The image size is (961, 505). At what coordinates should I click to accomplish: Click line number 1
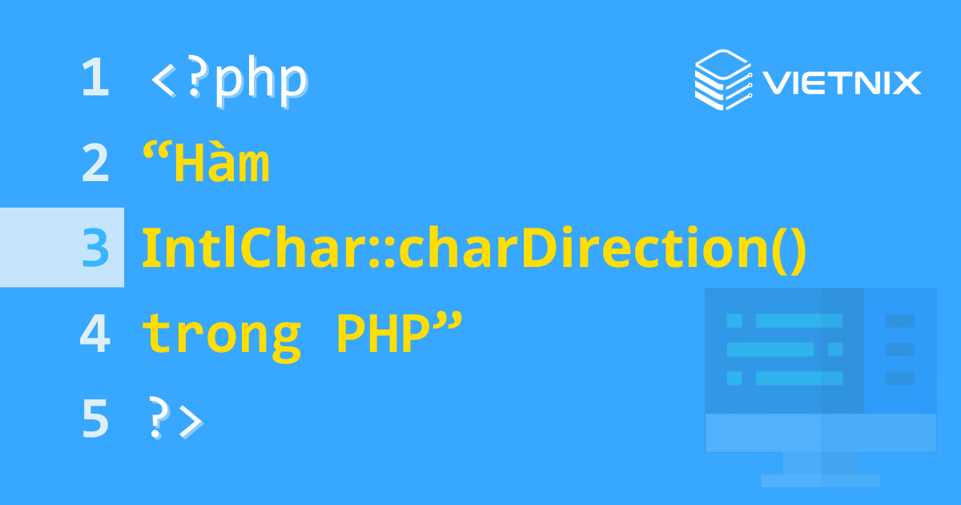coord(94,79)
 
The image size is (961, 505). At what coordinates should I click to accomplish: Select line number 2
coord(94,164)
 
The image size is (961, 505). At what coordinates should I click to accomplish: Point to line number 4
coord(94,334)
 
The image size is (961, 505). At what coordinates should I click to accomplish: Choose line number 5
coord(94,419)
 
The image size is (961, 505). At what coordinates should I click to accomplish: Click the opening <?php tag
coord(228,79)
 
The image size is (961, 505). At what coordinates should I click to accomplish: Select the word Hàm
coord(222,164)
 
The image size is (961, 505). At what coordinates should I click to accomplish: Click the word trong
coord(222,335)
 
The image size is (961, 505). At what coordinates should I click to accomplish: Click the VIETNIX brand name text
coord(841,83)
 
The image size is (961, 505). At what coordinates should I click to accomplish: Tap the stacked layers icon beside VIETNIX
coord(722,79)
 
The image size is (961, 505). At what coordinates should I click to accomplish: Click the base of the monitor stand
coord(820,480)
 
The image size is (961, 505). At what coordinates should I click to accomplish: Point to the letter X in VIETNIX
coord(907,83)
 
